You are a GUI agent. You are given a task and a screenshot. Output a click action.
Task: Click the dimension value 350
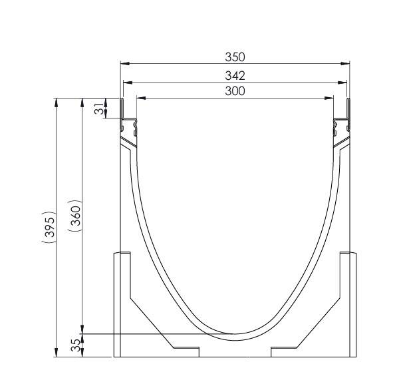[235, 58]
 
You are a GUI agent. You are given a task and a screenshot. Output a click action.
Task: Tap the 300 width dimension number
[235, 91]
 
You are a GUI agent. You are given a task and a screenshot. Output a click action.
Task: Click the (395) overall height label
[47, 228]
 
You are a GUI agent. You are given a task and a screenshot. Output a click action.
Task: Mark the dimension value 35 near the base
[76, 345]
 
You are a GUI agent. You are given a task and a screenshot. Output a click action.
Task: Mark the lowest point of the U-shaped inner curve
[235, 333]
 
